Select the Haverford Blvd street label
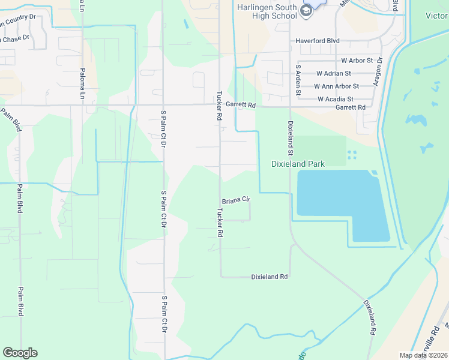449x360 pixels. click(318, 41)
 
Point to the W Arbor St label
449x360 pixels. click(357, 61)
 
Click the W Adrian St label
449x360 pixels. click(334, 73)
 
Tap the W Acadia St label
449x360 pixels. click(336, 99)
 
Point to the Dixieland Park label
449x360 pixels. click(298, 164)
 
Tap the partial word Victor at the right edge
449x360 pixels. click(436, 15)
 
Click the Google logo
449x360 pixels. click(20, 353)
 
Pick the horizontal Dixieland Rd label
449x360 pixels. click(270, 277)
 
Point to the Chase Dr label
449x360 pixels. click(15, 39)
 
